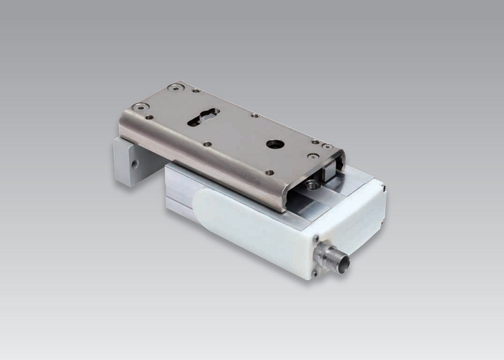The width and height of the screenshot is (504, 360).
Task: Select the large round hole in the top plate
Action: point(274,144)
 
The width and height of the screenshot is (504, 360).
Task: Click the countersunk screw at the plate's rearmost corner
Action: point(174,88)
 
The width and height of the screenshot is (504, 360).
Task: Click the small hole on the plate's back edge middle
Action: point(254,114)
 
